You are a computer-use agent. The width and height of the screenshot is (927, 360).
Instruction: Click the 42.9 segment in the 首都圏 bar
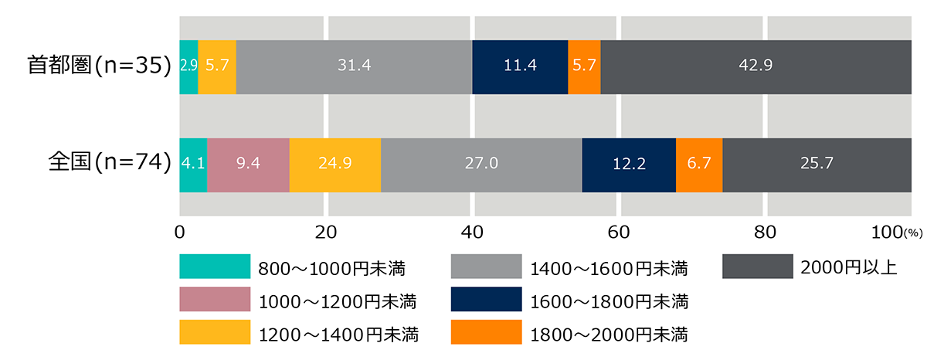756,66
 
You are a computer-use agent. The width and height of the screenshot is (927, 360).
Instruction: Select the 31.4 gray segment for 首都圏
354,66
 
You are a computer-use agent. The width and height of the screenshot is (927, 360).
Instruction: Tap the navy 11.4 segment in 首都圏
520,66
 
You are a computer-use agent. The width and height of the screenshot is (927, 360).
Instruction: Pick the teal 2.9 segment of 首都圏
188,66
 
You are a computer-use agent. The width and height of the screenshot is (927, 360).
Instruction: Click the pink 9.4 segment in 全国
248,165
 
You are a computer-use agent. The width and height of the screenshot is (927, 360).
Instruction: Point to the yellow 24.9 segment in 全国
335,165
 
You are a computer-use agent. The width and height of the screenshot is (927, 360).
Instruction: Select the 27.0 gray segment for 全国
481,165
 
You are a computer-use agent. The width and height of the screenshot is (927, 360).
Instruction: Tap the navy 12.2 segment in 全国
629,165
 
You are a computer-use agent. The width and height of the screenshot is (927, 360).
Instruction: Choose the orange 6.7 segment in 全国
699,165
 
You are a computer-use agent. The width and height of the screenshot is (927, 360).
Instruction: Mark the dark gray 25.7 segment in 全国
817,165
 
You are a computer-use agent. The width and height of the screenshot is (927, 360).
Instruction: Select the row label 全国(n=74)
108,163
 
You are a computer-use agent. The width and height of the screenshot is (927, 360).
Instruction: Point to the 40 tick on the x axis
472,232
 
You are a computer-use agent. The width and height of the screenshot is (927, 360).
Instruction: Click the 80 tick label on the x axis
764,232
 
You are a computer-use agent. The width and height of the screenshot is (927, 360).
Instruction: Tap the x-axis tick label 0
180,232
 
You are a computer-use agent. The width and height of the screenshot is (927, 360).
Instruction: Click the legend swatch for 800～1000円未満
215,267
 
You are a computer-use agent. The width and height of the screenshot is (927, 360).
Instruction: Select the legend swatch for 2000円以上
757,267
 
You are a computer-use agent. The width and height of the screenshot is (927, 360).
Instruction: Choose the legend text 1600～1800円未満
610,301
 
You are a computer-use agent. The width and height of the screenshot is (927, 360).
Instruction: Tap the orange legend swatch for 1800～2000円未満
486,334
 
